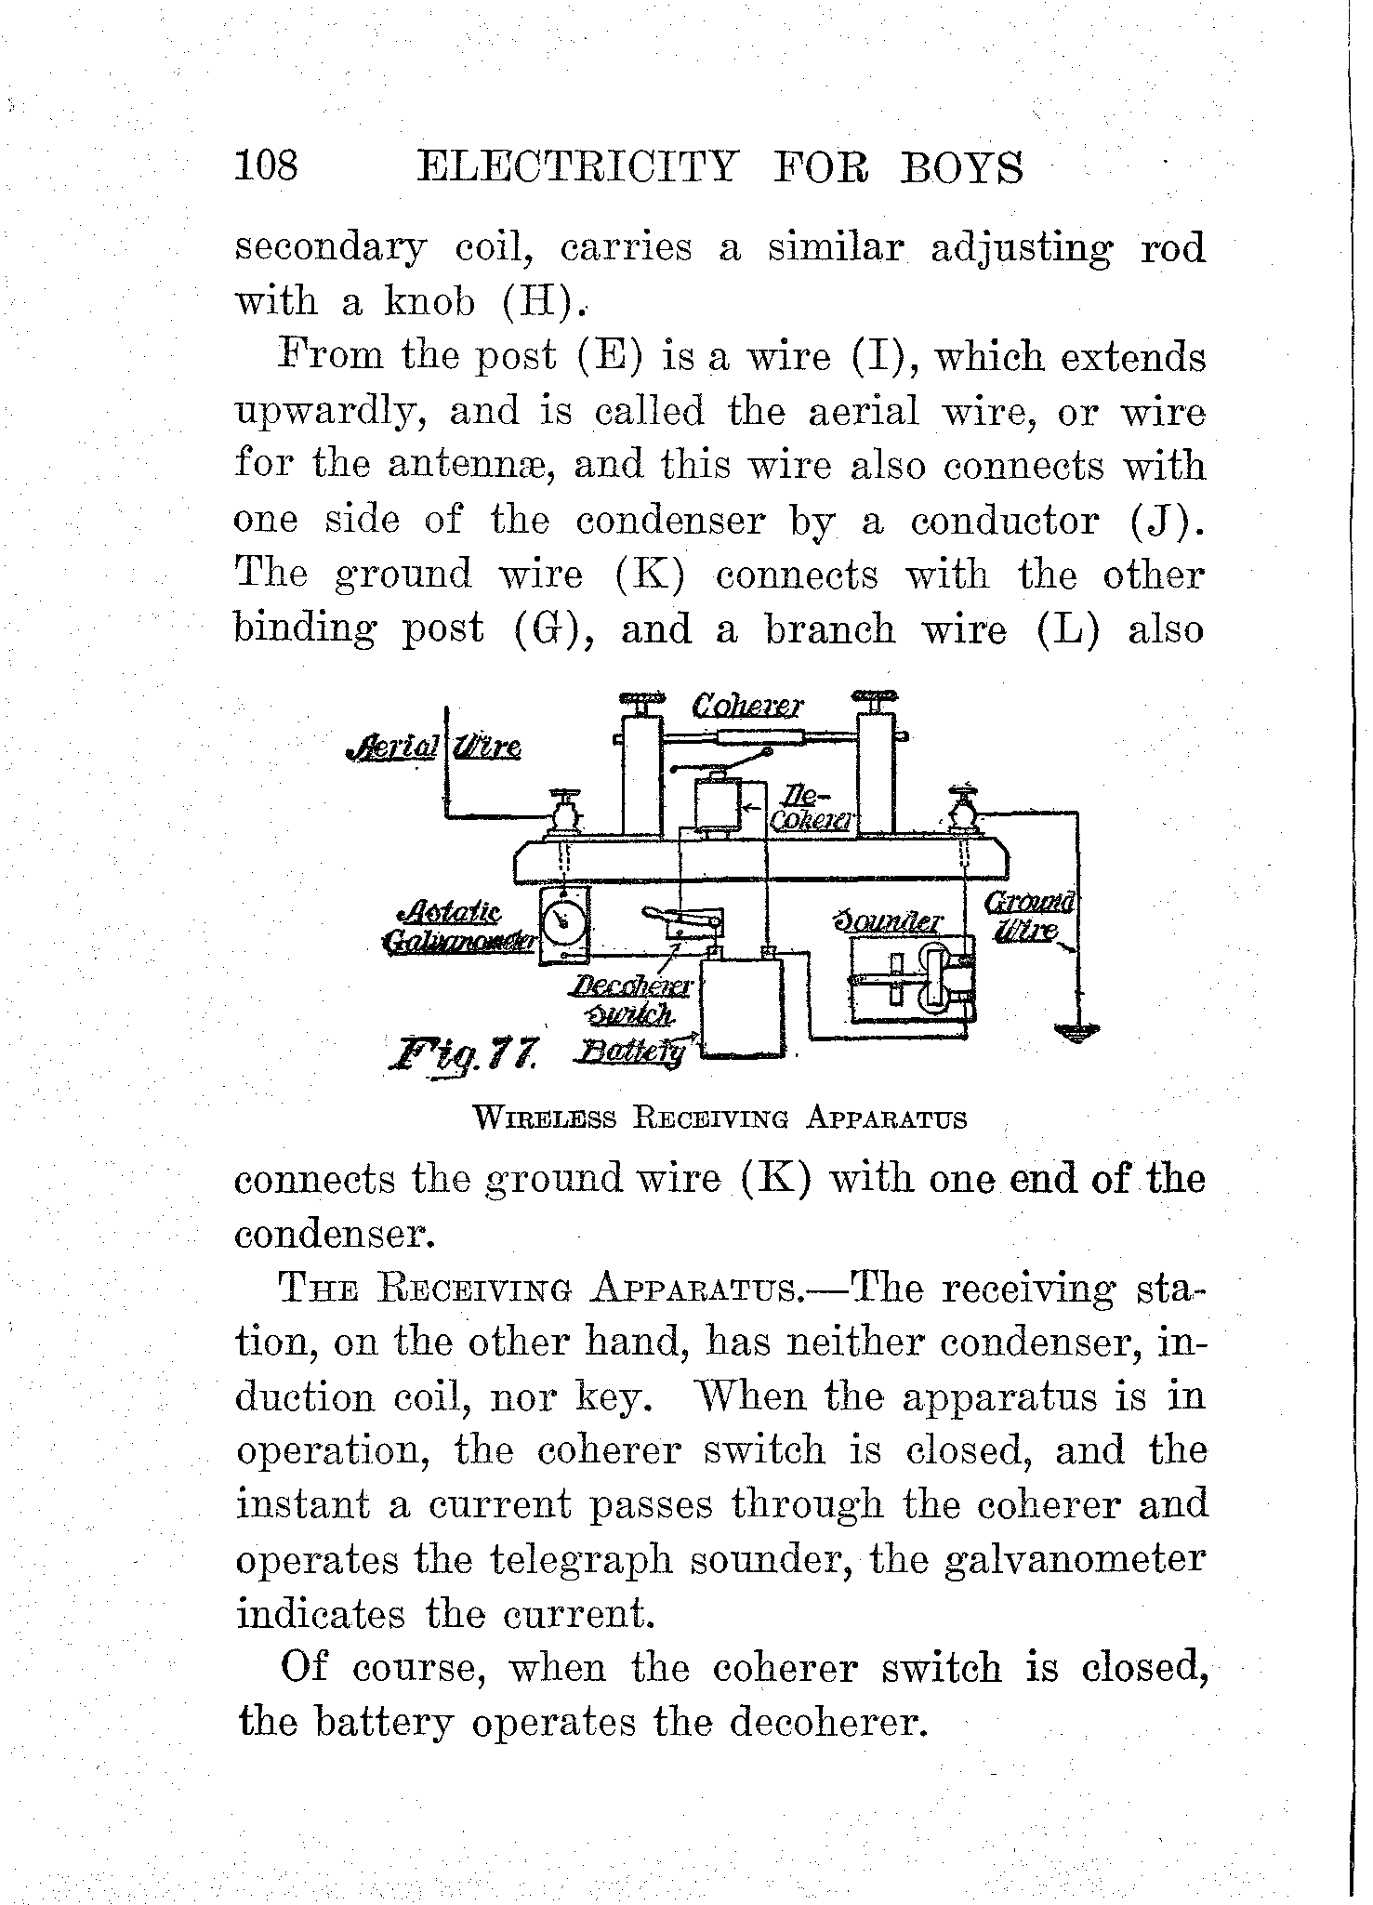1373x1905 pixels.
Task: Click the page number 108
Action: coord(266,167)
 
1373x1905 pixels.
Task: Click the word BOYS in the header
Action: coord(961,169)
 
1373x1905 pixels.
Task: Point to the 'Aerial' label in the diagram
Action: coord(392,747)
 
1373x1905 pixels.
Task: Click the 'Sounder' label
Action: coord(889,922)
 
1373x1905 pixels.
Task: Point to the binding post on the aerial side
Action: coord(563,813)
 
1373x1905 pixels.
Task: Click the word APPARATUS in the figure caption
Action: coord(887,1118)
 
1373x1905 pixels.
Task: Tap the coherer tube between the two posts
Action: coord(759,737)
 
